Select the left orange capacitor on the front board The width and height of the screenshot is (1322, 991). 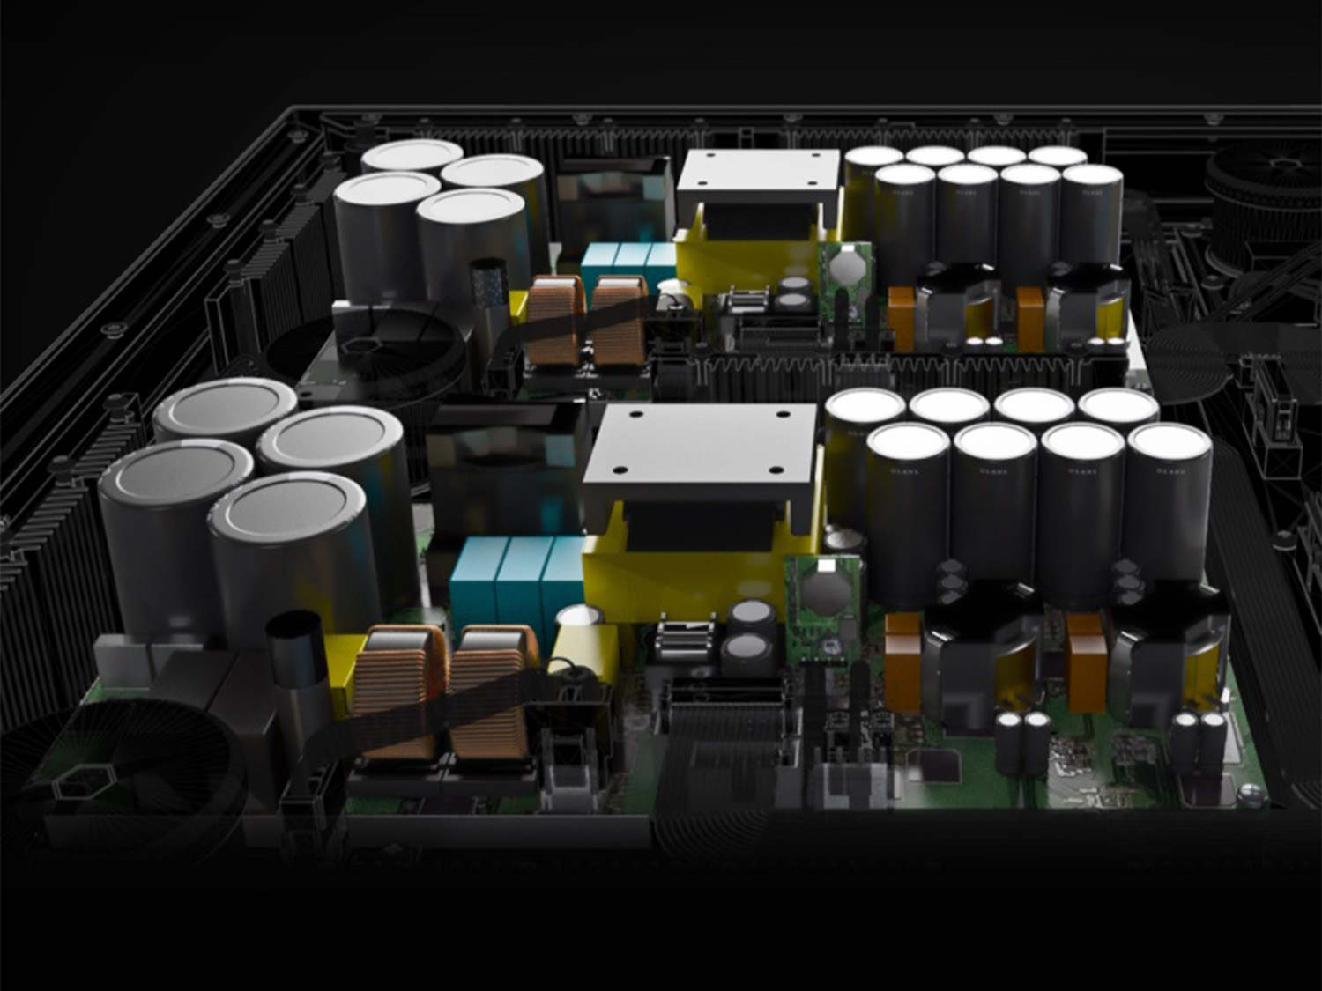tap(903, 661)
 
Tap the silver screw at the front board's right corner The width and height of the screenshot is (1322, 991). tap(1249, 795)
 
